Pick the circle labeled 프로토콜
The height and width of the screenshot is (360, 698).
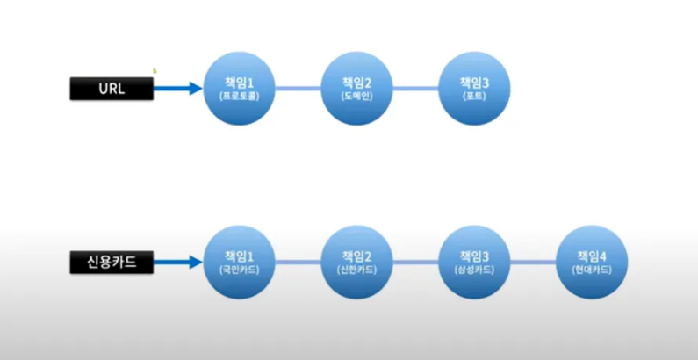click(x=239, y=88)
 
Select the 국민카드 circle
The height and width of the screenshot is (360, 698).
click(x=239, y=262)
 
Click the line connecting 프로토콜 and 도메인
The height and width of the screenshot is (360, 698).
click(x=299, y=88)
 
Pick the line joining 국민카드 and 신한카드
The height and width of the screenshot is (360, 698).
click(x=299, y=262)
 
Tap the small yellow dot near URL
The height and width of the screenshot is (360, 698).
click(x=155, y=71)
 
